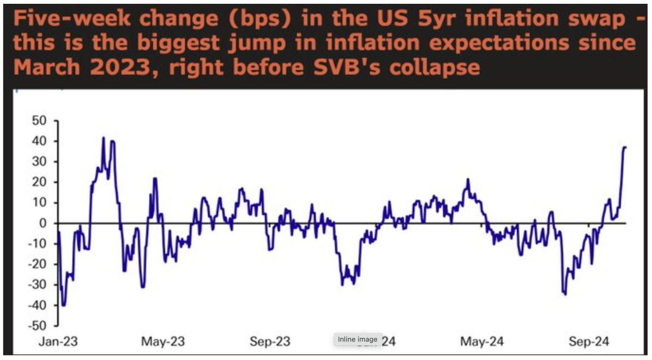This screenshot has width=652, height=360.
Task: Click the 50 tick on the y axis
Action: coord(41,121)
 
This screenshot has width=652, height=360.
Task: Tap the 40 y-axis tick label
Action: coord(41,141)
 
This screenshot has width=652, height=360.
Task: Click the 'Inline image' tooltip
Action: coord(358,339)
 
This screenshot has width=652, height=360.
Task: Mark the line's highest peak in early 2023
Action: coord(103,137)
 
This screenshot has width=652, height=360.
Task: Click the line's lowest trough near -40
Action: coord(64,306)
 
